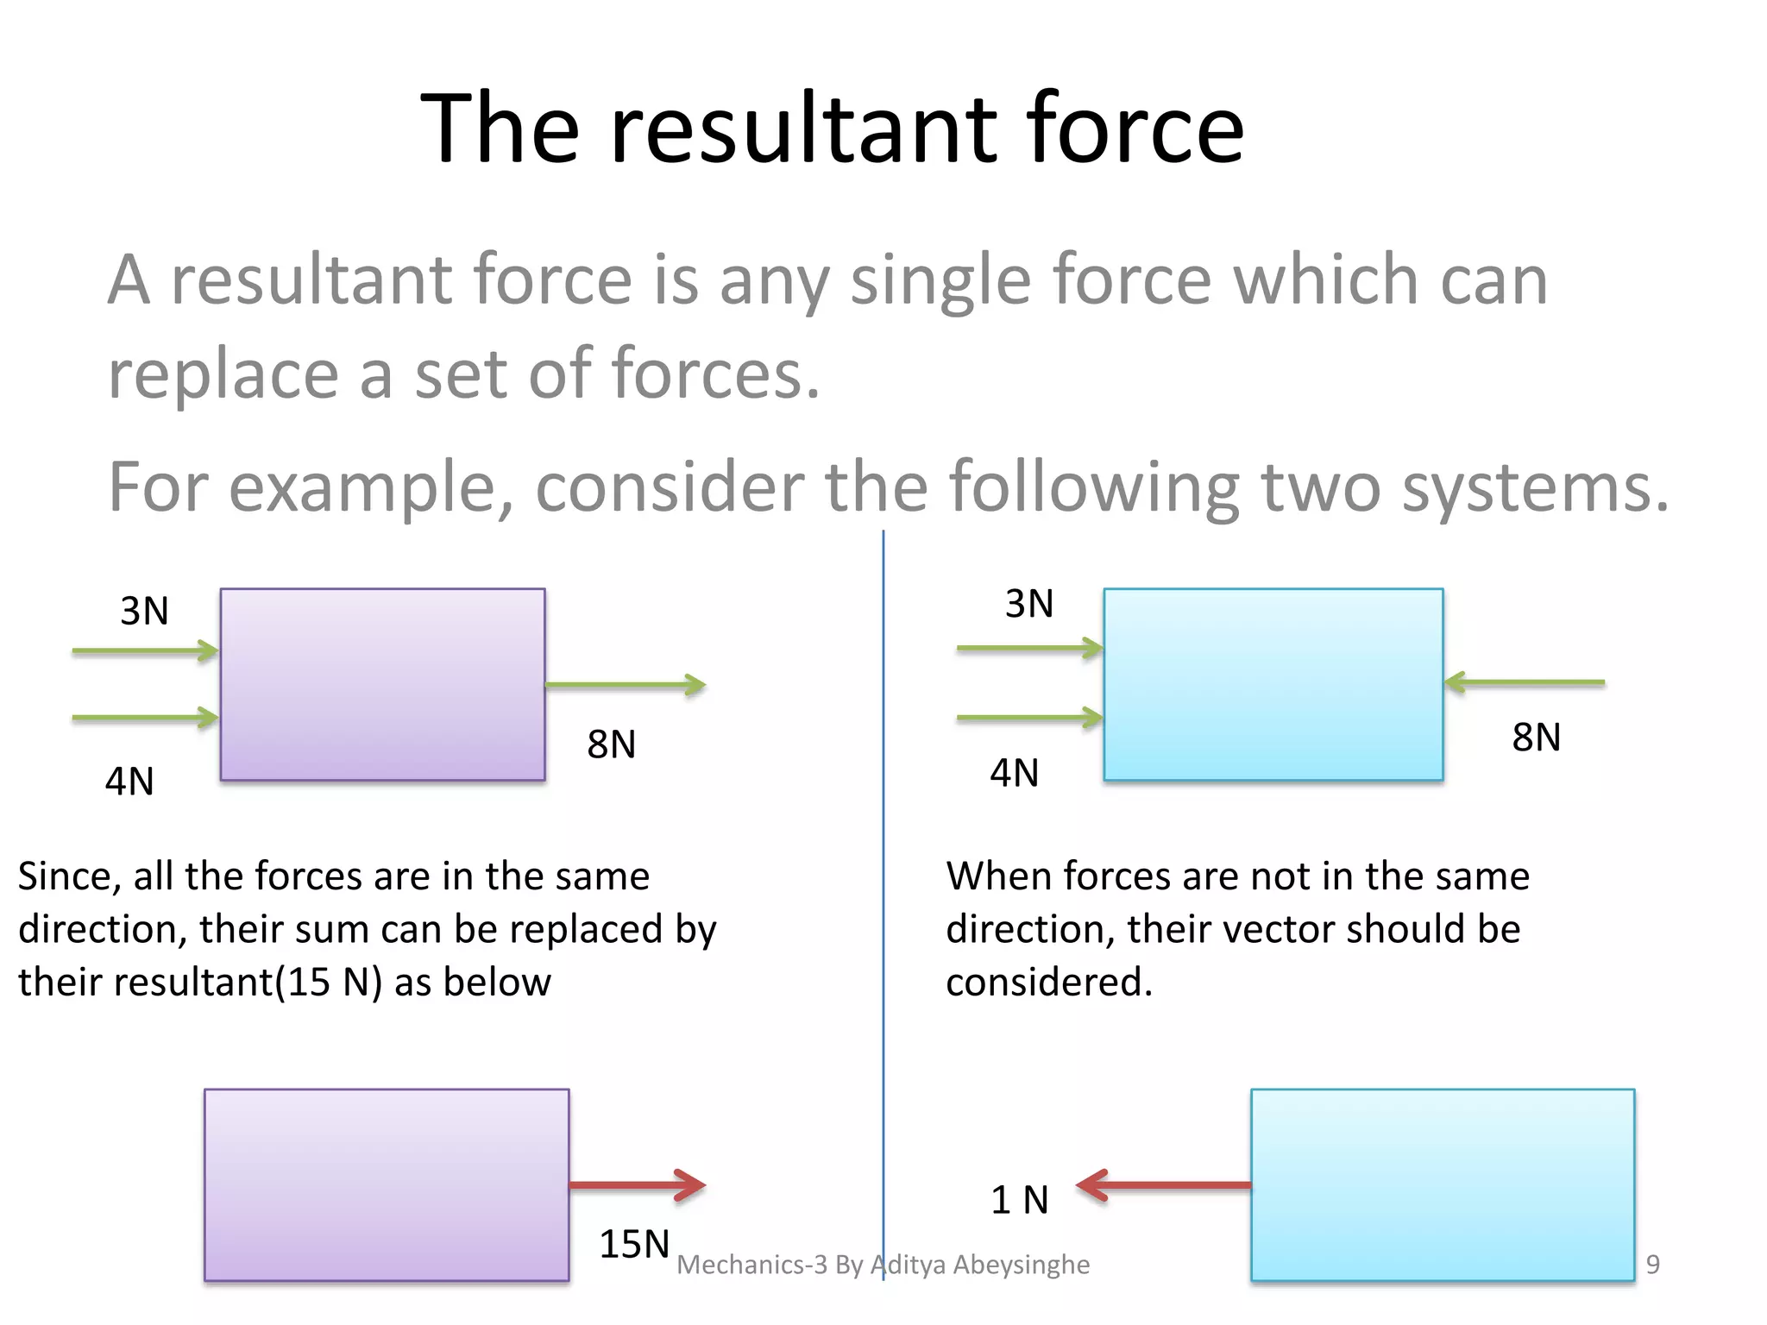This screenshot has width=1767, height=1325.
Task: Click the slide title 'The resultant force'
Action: [x=832, y=129]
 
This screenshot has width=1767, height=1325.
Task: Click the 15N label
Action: [x=634, y=1244]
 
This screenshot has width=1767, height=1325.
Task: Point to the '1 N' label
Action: [x=1019, y=1200]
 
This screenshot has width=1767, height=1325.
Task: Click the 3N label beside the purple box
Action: [x=144, y=611]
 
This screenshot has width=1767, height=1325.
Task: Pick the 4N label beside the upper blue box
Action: [x=1014, y=773]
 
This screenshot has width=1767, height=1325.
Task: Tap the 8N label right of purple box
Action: [x=611, y=744]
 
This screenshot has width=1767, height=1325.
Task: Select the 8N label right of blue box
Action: [x=1536, y=737]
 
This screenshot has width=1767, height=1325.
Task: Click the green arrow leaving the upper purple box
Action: [x=626, y=685]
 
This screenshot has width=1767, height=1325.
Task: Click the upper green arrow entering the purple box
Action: [x=145, y=650]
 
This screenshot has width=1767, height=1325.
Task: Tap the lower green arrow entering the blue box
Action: [x=1029, y=717]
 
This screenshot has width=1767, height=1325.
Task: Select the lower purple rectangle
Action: [x=386, y=1184]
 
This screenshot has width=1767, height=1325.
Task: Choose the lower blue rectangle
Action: [x=1442, y=1184]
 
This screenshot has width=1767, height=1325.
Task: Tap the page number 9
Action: [x=1652, y=1264]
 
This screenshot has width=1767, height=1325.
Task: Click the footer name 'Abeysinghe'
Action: [x=1021, y=1264]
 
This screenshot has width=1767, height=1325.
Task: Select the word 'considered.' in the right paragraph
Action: [x=1048, y=982]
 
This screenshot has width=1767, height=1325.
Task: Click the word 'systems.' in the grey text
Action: [x=1535, y=487]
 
